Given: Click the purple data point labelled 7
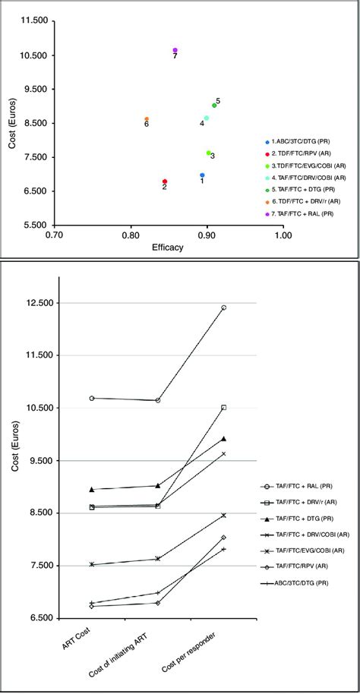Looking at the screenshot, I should click(x=175, y=50).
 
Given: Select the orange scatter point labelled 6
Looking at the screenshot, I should click(x=147, y=119).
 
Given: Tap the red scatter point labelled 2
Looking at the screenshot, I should click(x=165, y=181).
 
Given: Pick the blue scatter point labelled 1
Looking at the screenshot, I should click(x=202, y=175).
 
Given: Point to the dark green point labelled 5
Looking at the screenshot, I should click(x=214, y=106).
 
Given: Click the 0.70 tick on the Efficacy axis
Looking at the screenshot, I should click(x=53, y=236).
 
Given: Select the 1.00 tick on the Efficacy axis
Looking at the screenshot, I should click(x=283, y=236).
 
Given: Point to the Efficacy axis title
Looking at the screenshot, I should click(x=167, y=248).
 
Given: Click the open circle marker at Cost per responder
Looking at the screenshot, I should click(x=224, y=308).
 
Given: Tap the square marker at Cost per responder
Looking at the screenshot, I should click(x=224, y=408).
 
